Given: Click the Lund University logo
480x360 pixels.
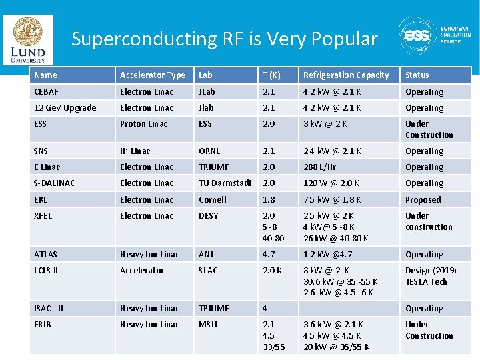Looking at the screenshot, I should click(27, 39).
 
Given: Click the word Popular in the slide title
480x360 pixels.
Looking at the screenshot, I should click(341, 39).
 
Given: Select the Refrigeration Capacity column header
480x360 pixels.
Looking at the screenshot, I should click(345, 75).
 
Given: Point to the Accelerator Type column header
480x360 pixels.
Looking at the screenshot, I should click(153, 75).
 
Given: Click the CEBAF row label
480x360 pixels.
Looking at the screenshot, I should click(47, 92).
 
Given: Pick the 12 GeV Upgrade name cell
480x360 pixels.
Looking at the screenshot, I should click(65, 108).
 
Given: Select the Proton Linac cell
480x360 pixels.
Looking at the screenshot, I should click(144, 124).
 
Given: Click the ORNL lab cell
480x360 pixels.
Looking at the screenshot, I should click(209, 151).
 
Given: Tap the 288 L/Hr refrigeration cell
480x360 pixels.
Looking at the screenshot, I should click(320, 167).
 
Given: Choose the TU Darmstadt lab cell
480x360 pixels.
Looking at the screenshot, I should click(225, 183).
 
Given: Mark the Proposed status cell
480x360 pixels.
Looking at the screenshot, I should click(423, 200).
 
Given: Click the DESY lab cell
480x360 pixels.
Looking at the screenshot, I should click(209, 216).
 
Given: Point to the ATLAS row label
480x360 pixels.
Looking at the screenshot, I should click(46, 255).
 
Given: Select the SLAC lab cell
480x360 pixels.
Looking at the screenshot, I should click(208, 271).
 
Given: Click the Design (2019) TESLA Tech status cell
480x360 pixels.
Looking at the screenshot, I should click(431, 276).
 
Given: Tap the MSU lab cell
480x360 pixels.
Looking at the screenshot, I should click(207, 325).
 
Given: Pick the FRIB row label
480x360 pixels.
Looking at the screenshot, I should click(43, 325).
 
